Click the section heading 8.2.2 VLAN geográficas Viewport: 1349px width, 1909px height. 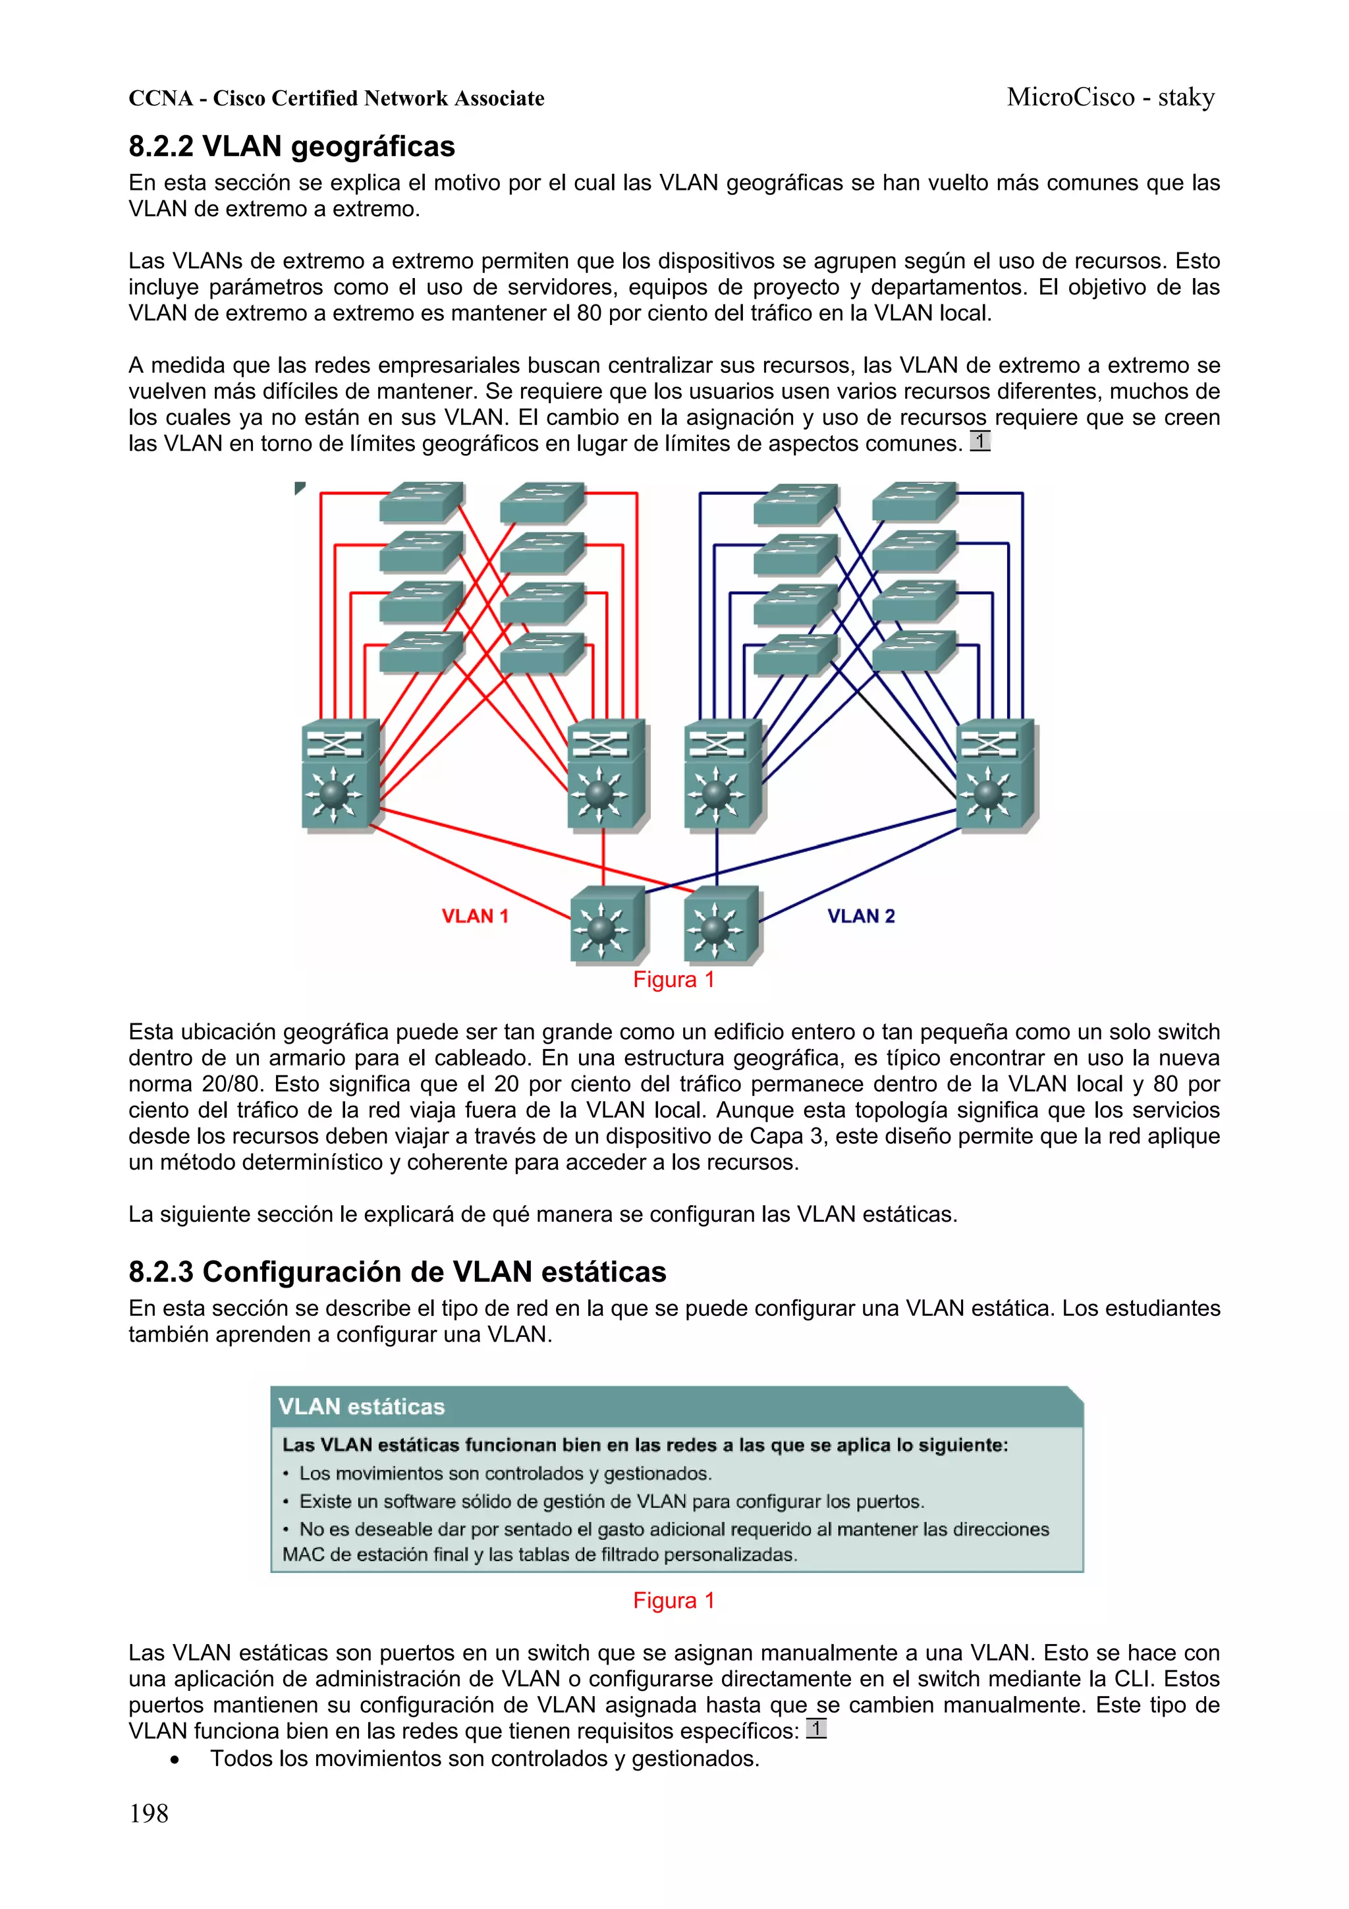point(291,146)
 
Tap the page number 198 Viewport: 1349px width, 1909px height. point(149,1813)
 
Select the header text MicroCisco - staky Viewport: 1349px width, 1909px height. point(1110,98)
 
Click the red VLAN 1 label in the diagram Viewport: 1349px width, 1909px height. point(475,916)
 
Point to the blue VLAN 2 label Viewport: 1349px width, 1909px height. point(860,916)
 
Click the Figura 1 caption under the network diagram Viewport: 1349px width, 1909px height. point(673,979)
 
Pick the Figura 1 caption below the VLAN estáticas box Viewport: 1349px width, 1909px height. point(673,1601)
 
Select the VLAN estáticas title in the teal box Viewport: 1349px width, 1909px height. point(362,1407)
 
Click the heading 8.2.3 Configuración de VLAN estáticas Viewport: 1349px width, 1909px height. point(397,1272)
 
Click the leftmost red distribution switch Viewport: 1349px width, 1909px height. point(339,775)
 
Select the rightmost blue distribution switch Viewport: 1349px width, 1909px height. point(995,775)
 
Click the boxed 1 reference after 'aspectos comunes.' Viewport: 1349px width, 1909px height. point(980,441)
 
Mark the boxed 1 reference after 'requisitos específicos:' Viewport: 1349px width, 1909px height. point(816,1728)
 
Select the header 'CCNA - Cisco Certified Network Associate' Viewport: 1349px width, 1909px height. point(336,98)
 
